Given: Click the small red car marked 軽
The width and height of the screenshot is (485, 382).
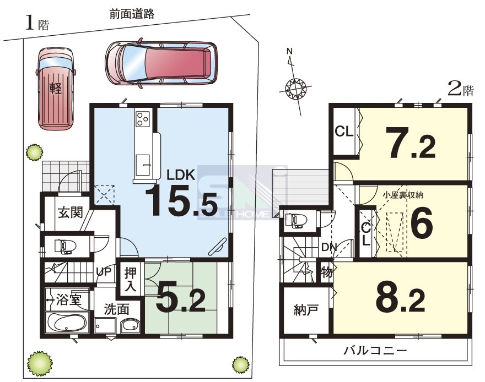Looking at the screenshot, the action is (56, 89).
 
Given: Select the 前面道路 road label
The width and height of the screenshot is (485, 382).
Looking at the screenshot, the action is (132, 14).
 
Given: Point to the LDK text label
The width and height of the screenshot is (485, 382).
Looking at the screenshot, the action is (181, 175).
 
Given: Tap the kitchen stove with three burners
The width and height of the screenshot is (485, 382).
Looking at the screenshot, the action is (143, 119).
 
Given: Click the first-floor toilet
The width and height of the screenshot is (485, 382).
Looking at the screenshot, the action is (65, 247).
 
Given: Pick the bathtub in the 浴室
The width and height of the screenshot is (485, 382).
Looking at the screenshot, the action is (67, 323).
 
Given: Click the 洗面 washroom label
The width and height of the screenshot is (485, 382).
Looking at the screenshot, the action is (117, 309).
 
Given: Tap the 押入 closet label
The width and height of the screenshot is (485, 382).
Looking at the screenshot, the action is (131, 280).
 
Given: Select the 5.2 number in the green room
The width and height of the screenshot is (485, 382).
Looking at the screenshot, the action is (181, 297).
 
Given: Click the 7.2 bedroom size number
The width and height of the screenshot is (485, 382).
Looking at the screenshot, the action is (412, 143).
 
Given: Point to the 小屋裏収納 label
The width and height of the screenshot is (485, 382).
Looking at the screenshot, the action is (403, 195).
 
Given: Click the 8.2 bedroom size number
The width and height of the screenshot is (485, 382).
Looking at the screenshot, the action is (401, 297).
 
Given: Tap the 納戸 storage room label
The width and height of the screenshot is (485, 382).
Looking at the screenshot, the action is (306, 310).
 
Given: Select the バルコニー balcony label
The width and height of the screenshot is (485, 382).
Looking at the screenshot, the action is (375, 351).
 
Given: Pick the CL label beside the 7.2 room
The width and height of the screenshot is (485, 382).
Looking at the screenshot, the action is (344, 132).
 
